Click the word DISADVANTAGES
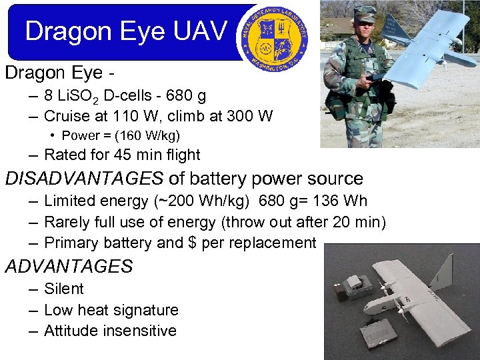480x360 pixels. click(84, 179)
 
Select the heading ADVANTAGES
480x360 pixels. click(69, 267)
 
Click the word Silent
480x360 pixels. click(64, 289)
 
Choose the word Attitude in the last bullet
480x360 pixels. click(71, 331)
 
